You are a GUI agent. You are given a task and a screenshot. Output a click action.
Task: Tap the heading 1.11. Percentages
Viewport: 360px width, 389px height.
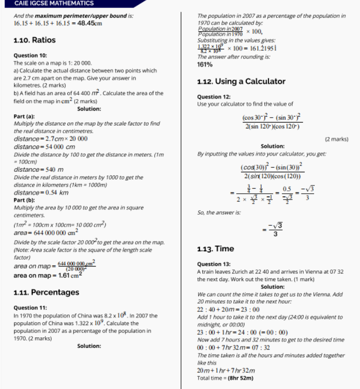tap(46, 292)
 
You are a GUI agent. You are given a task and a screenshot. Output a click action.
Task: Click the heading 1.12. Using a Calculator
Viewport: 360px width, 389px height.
tap(241, 82)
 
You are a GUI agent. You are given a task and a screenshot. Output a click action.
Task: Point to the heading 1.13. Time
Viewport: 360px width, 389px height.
tap(216, 249)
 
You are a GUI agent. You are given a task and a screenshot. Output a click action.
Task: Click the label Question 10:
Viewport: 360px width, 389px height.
tap(30, 56)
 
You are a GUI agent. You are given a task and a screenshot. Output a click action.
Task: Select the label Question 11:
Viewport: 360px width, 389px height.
tap(30, 308)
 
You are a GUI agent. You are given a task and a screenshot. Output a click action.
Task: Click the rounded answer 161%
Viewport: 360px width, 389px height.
tap(204, 64)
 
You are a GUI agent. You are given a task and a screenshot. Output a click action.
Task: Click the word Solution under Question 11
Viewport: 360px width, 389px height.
tap(89, 346)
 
